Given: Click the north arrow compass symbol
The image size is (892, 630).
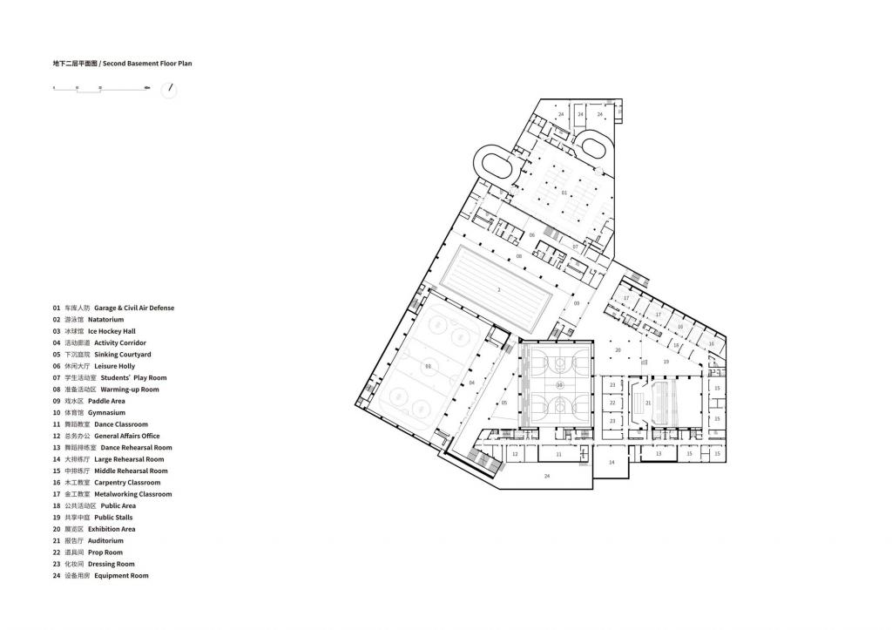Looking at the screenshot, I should [169, 90].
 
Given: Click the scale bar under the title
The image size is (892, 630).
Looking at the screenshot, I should [101, 89].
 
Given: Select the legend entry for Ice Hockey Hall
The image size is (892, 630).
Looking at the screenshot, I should [111, 331].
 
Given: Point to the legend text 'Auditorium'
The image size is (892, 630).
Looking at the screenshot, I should [106, 540].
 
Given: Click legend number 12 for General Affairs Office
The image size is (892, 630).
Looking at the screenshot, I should [57, 436].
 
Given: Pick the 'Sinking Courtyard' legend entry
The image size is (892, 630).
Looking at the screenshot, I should [122, 355].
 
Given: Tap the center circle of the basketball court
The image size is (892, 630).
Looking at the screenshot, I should [559, 384].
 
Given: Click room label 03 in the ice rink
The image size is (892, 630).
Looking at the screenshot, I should [428, 367].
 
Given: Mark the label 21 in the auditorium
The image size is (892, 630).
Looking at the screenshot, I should [648, 403].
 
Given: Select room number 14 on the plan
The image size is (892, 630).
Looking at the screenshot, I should [612, 463].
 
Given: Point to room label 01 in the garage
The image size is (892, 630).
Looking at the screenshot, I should [564, 192].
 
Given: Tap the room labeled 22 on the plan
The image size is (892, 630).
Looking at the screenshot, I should [612, 403].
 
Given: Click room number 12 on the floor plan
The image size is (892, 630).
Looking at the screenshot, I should [515, 454].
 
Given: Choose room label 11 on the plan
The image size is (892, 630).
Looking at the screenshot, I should [558, 454].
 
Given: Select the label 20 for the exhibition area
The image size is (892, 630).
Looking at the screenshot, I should [618, 349].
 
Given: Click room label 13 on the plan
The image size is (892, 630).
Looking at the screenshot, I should [659, 454].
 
